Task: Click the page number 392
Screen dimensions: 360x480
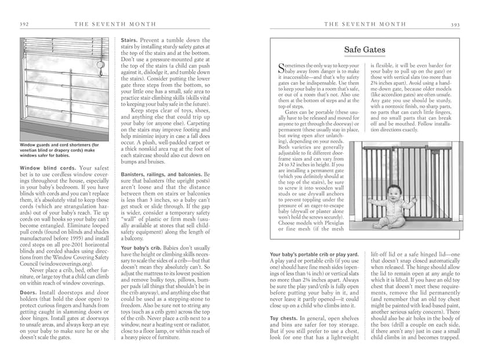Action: [x=24, y=24]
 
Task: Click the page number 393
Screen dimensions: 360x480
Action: [x=455, y=24]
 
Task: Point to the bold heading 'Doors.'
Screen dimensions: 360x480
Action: [x=28, y=293]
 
